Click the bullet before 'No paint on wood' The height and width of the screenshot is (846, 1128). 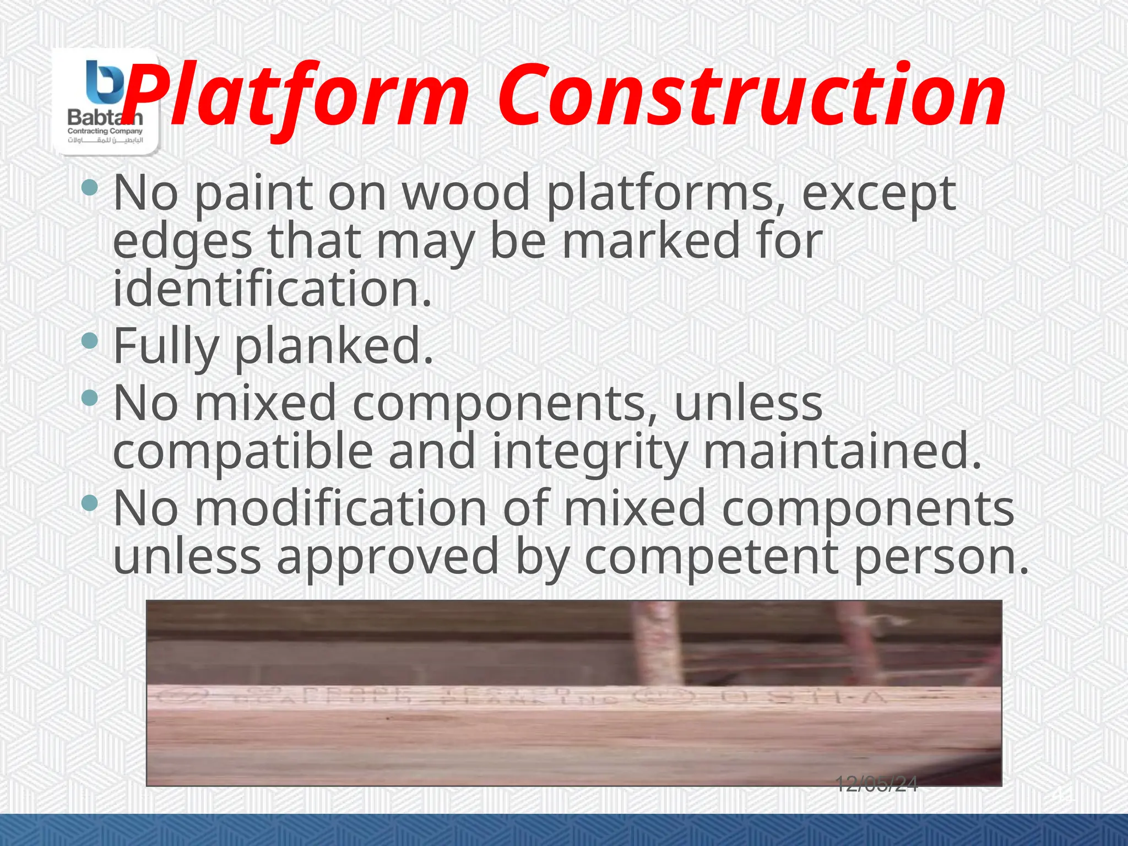89,188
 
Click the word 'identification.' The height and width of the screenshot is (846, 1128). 272,289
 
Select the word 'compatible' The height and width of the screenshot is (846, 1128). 243,451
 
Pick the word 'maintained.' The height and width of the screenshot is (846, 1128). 843,451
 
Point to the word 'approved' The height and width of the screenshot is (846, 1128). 388,557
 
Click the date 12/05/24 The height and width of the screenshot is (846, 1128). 876,784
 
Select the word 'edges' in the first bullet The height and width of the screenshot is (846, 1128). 182,242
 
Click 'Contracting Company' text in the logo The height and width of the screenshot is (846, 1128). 105,131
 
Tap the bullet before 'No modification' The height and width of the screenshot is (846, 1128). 89,502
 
